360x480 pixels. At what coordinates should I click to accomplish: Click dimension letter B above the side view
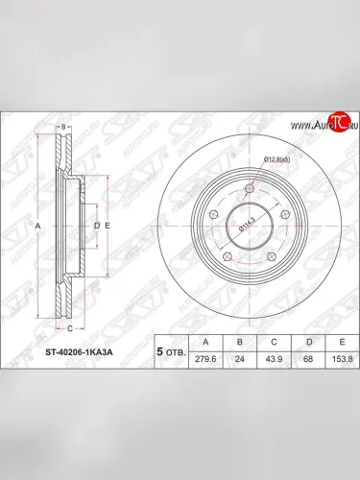62,128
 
